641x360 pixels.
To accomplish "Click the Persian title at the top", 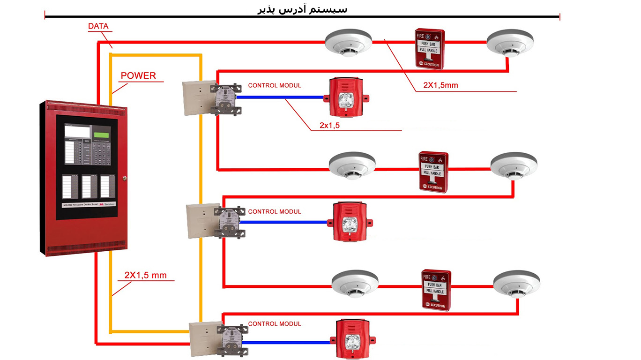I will coord(303,9).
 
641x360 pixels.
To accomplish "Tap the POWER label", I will coord(138,75).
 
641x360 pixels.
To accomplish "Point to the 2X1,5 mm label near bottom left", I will coord(145,275).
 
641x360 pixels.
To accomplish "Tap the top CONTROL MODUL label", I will coord(275,86).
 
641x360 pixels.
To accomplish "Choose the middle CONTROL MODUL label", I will coord(275,212).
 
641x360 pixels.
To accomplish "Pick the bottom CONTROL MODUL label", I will coord(275,324).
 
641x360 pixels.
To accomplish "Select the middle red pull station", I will coord(433,172).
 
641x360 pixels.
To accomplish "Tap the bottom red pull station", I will coord(436,290).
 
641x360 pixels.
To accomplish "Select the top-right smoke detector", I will coord(509,43).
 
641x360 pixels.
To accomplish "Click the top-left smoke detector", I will coord(348,42).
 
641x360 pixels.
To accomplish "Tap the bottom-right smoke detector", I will coord(517,284).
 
